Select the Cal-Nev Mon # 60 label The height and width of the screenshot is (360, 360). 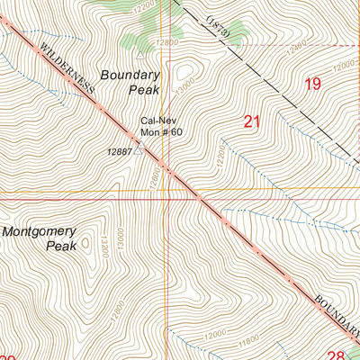coord(160,126)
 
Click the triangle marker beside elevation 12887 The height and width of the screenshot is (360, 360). coord(139,142)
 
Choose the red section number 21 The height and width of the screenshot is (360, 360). coord(253,120)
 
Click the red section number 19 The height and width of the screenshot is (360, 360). coord(312,85)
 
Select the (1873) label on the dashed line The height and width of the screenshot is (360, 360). coord(218,27)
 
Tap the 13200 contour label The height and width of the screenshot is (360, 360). coord(104,244)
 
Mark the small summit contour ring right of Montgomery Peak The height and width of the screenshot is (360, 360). coord(85,241)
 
